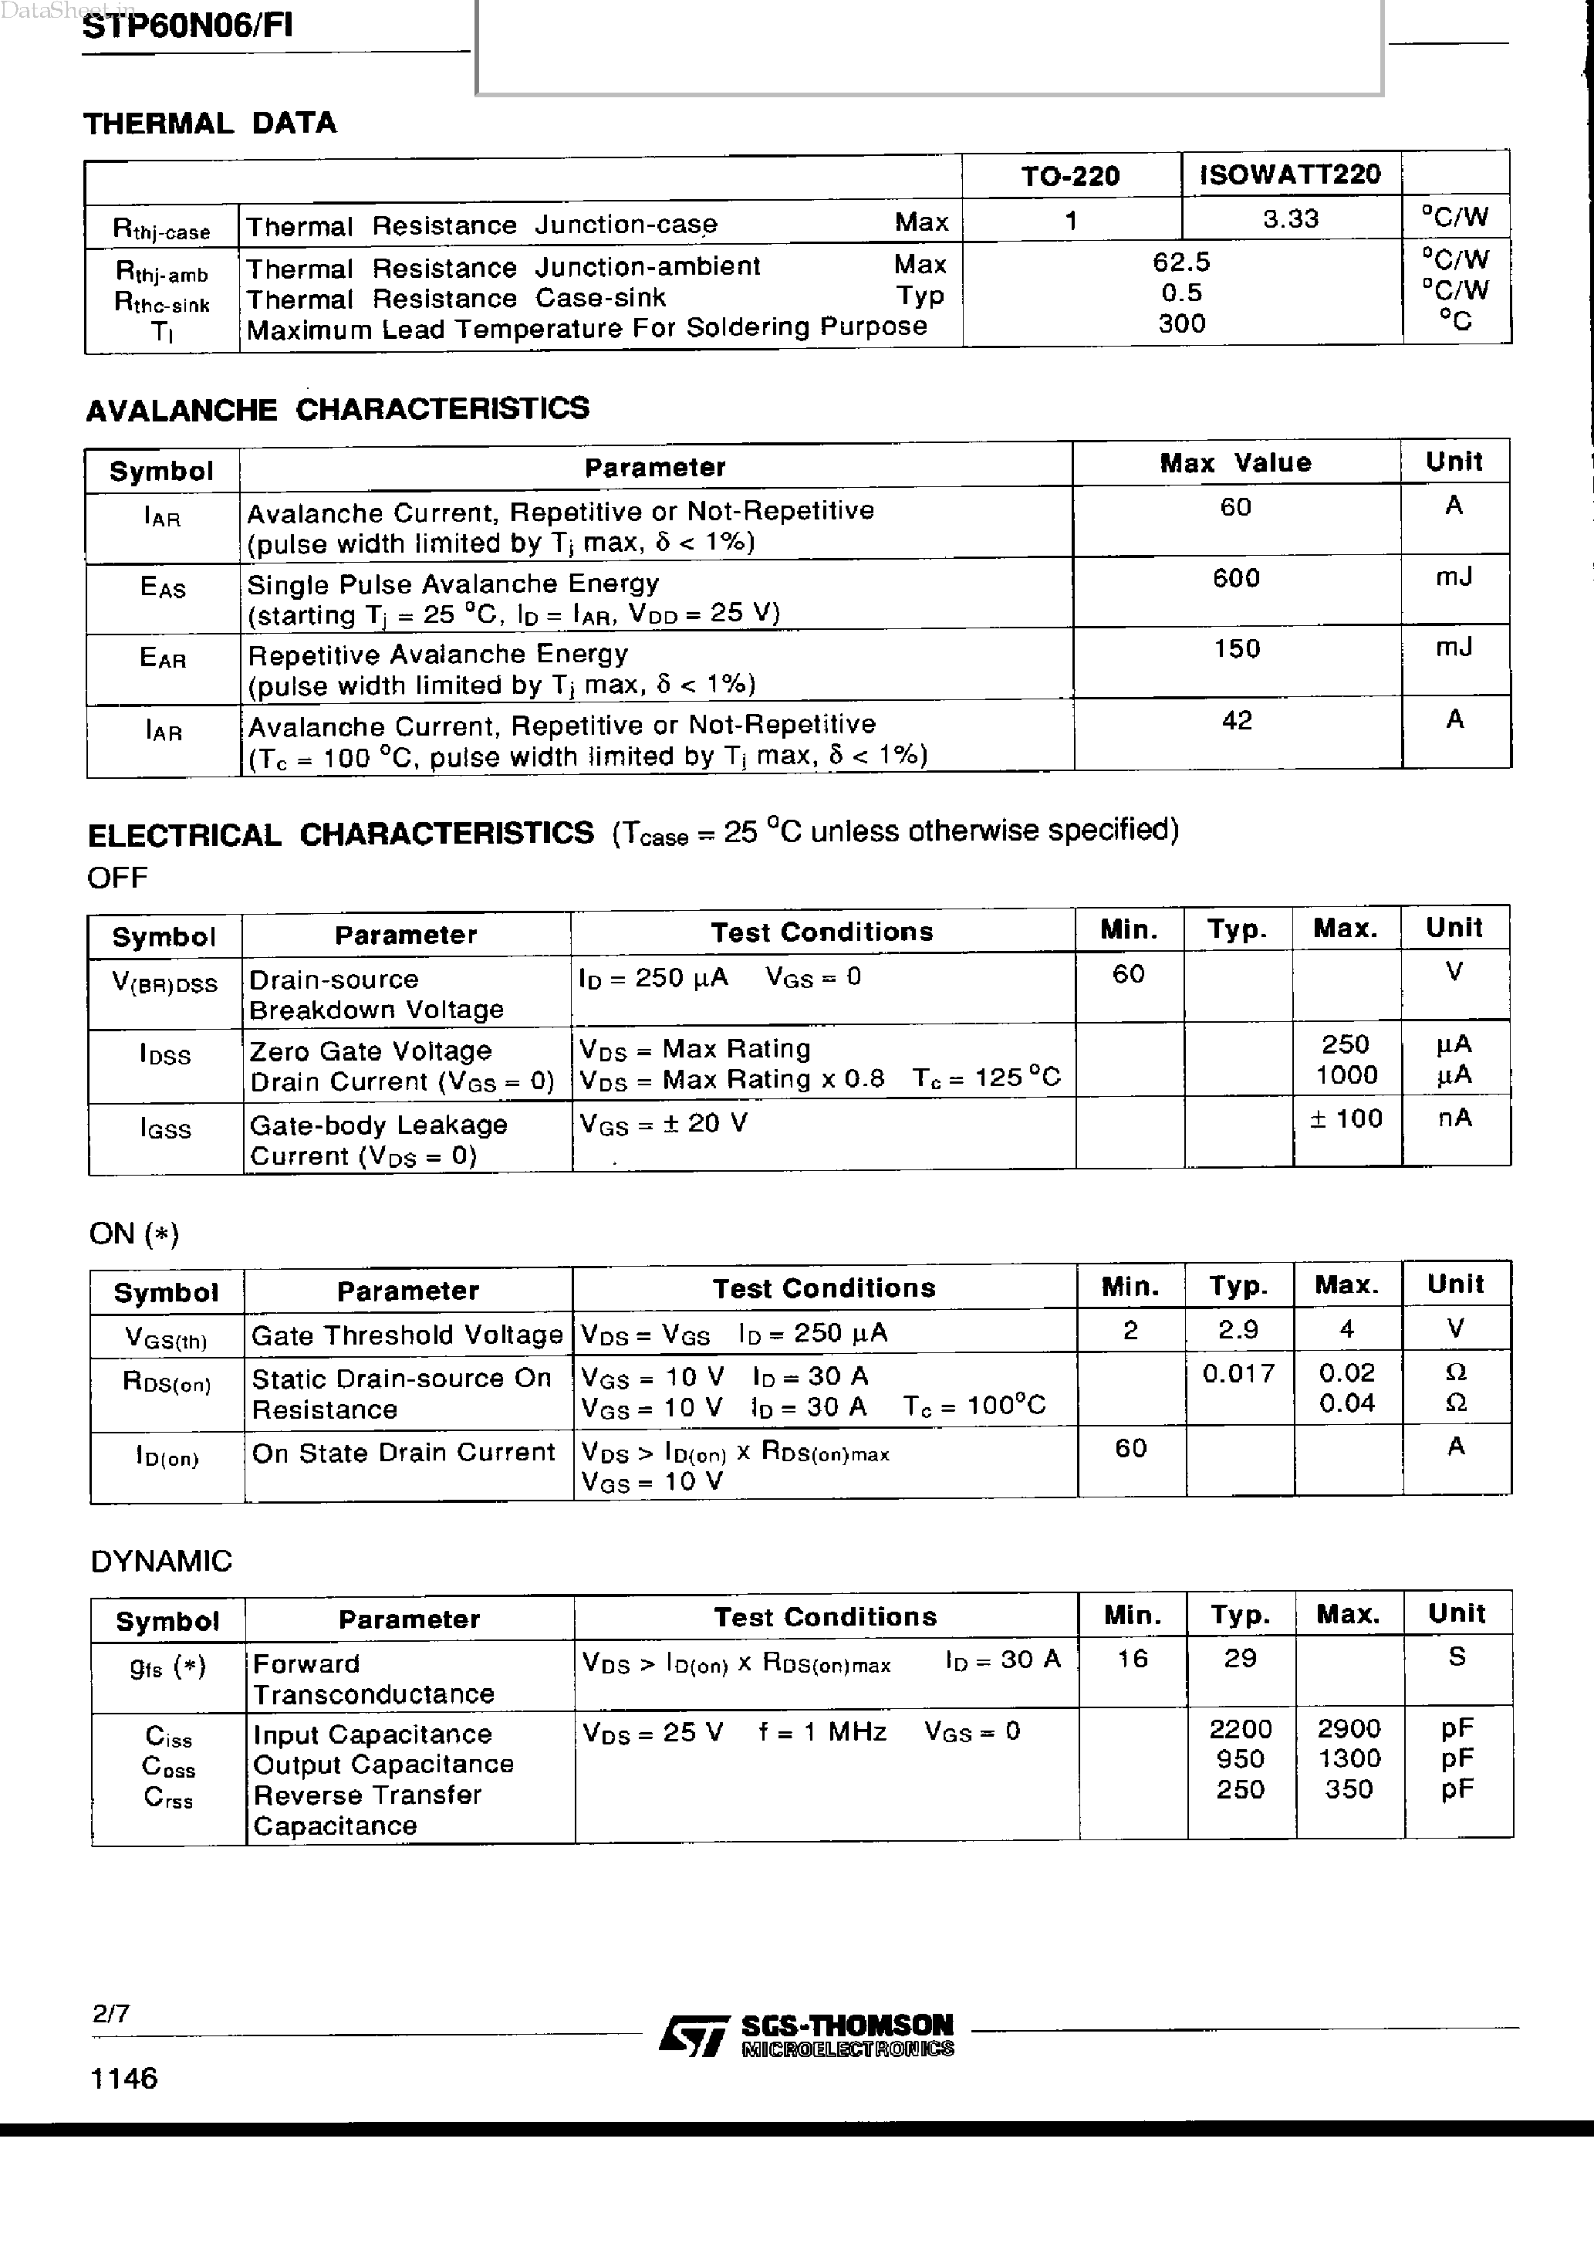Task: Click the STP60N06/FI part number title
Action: [187, 25]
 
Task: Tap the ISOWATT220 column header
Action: [1290, 175]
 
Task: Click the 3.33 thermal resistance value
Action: [1290, 218]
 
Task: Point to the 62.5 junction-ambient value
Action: [1181, 262]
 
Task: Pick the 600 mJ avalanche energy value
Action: [1236, 579]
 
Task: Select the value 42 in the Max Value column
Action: [1236, 720]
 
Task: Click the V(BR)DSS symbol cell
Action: [164, 984]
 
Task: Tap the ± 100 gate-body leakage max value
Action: [1346, 1118]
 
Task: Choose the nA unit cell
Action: [1454, 1118]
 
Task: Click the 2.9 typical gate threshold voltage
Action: [1238, 1330]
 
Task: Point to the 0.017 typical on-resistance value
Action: [1238, 1373]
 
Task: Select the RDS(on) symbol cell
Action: [166, 1382]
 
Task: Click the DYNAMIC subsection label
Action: [161, 1561]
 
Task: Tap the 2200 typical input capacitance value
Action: [1240, 1728]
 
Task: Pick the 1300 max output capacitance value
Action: [1349, 1758]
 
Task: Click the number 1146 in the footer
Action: [123, 2078]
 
